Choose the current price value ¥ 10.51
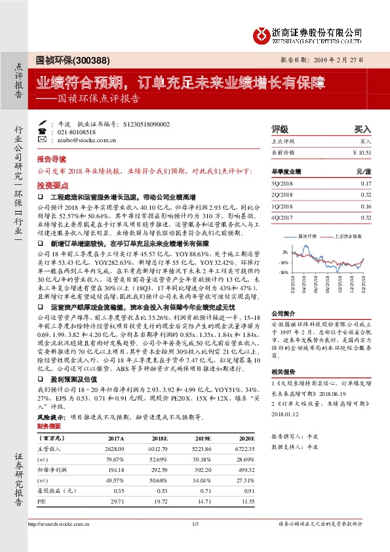point(362,151)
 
